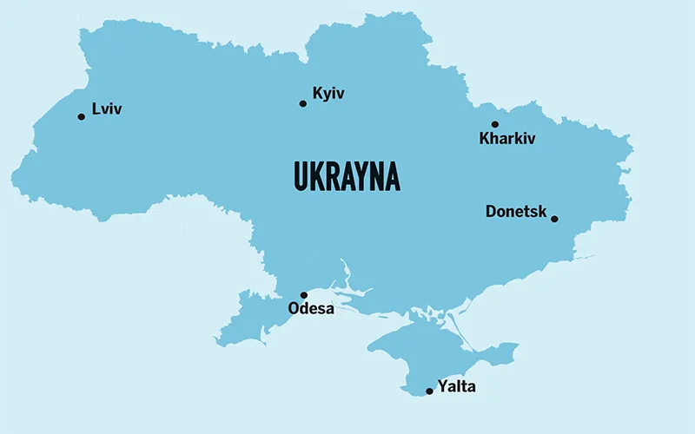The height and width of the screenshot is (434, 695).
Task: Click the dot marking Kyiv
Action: tap(303, 103)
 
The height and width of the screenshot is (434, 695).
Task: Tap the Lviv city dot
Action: tap(82, 116)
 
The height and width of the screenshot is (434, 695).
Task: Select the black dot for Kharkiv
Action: tap(495, 124)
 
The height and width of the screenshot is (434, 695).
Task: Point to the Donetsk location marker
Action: tap(554, 219)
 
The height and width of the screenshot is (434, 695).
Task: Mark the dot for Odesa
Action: tap(304, 295)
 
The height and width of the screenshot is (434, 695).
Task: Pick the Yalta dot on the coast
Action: tap(429, 391)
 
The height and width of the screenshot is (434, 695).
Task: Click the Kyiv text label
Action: tap(328, 94)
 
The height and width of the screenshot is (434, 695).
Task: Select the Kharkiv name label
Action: tap(507, 139)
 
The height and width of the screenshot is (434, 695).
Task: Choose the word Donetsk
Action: tap(515, 211)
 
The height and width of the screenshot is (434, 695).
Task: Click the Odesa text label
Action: tap(311, 309)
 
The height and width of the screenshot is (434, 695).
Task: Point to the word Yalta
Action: tap(457, 387)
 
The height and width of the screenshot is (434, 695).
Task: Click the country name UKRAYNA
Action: tap(347, 176)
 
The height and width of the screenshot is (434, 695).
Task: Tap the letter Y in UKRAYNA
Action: tap(362, 176)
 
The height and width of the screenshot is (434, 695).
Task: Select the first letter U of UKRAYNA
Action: tap(301, 176)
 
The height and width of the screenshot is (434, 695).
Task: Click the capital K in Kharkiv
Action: tap(485, 139)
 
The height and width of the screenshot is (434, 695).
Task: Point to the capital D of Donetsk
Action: tap(492, 211)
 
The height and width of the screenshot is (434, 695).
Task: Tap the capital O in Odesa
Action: tap(294, 309)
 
